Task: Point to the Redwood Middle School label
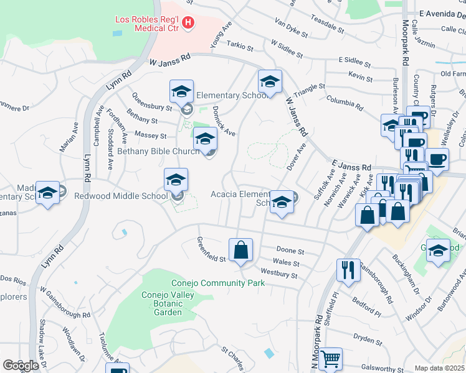[x=121, y=196]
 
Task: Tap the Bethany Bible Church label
[x=159, y=151]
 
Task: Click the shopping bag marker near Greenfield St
[x=240, y=251]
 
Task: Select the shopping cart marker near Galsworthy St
[x=330, y=359]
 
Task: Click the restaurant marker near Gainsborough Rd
[x=348, y=269]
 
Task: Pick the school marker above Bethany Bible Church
[x=205, y=139]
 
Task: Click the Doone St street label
[x=291, y=251]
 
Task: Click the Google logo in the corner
[x=21, y=366]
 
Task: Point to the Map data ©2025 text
[x=439, y=368]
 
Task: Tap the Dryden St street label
[x=367, y=339]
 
